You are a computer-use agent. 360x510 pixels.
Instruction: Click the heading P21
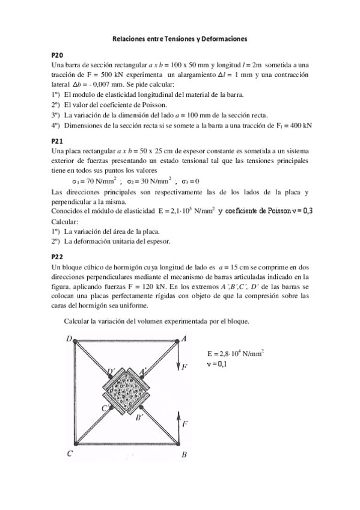[58, 140]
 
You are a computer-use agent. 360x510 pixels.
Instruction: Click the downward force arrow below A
[178, 360]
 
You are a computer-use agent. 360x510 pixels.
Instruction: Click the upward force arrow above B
[178, 424]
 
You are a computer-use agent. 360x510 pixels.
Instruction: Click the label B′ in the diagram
[139, 416]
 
